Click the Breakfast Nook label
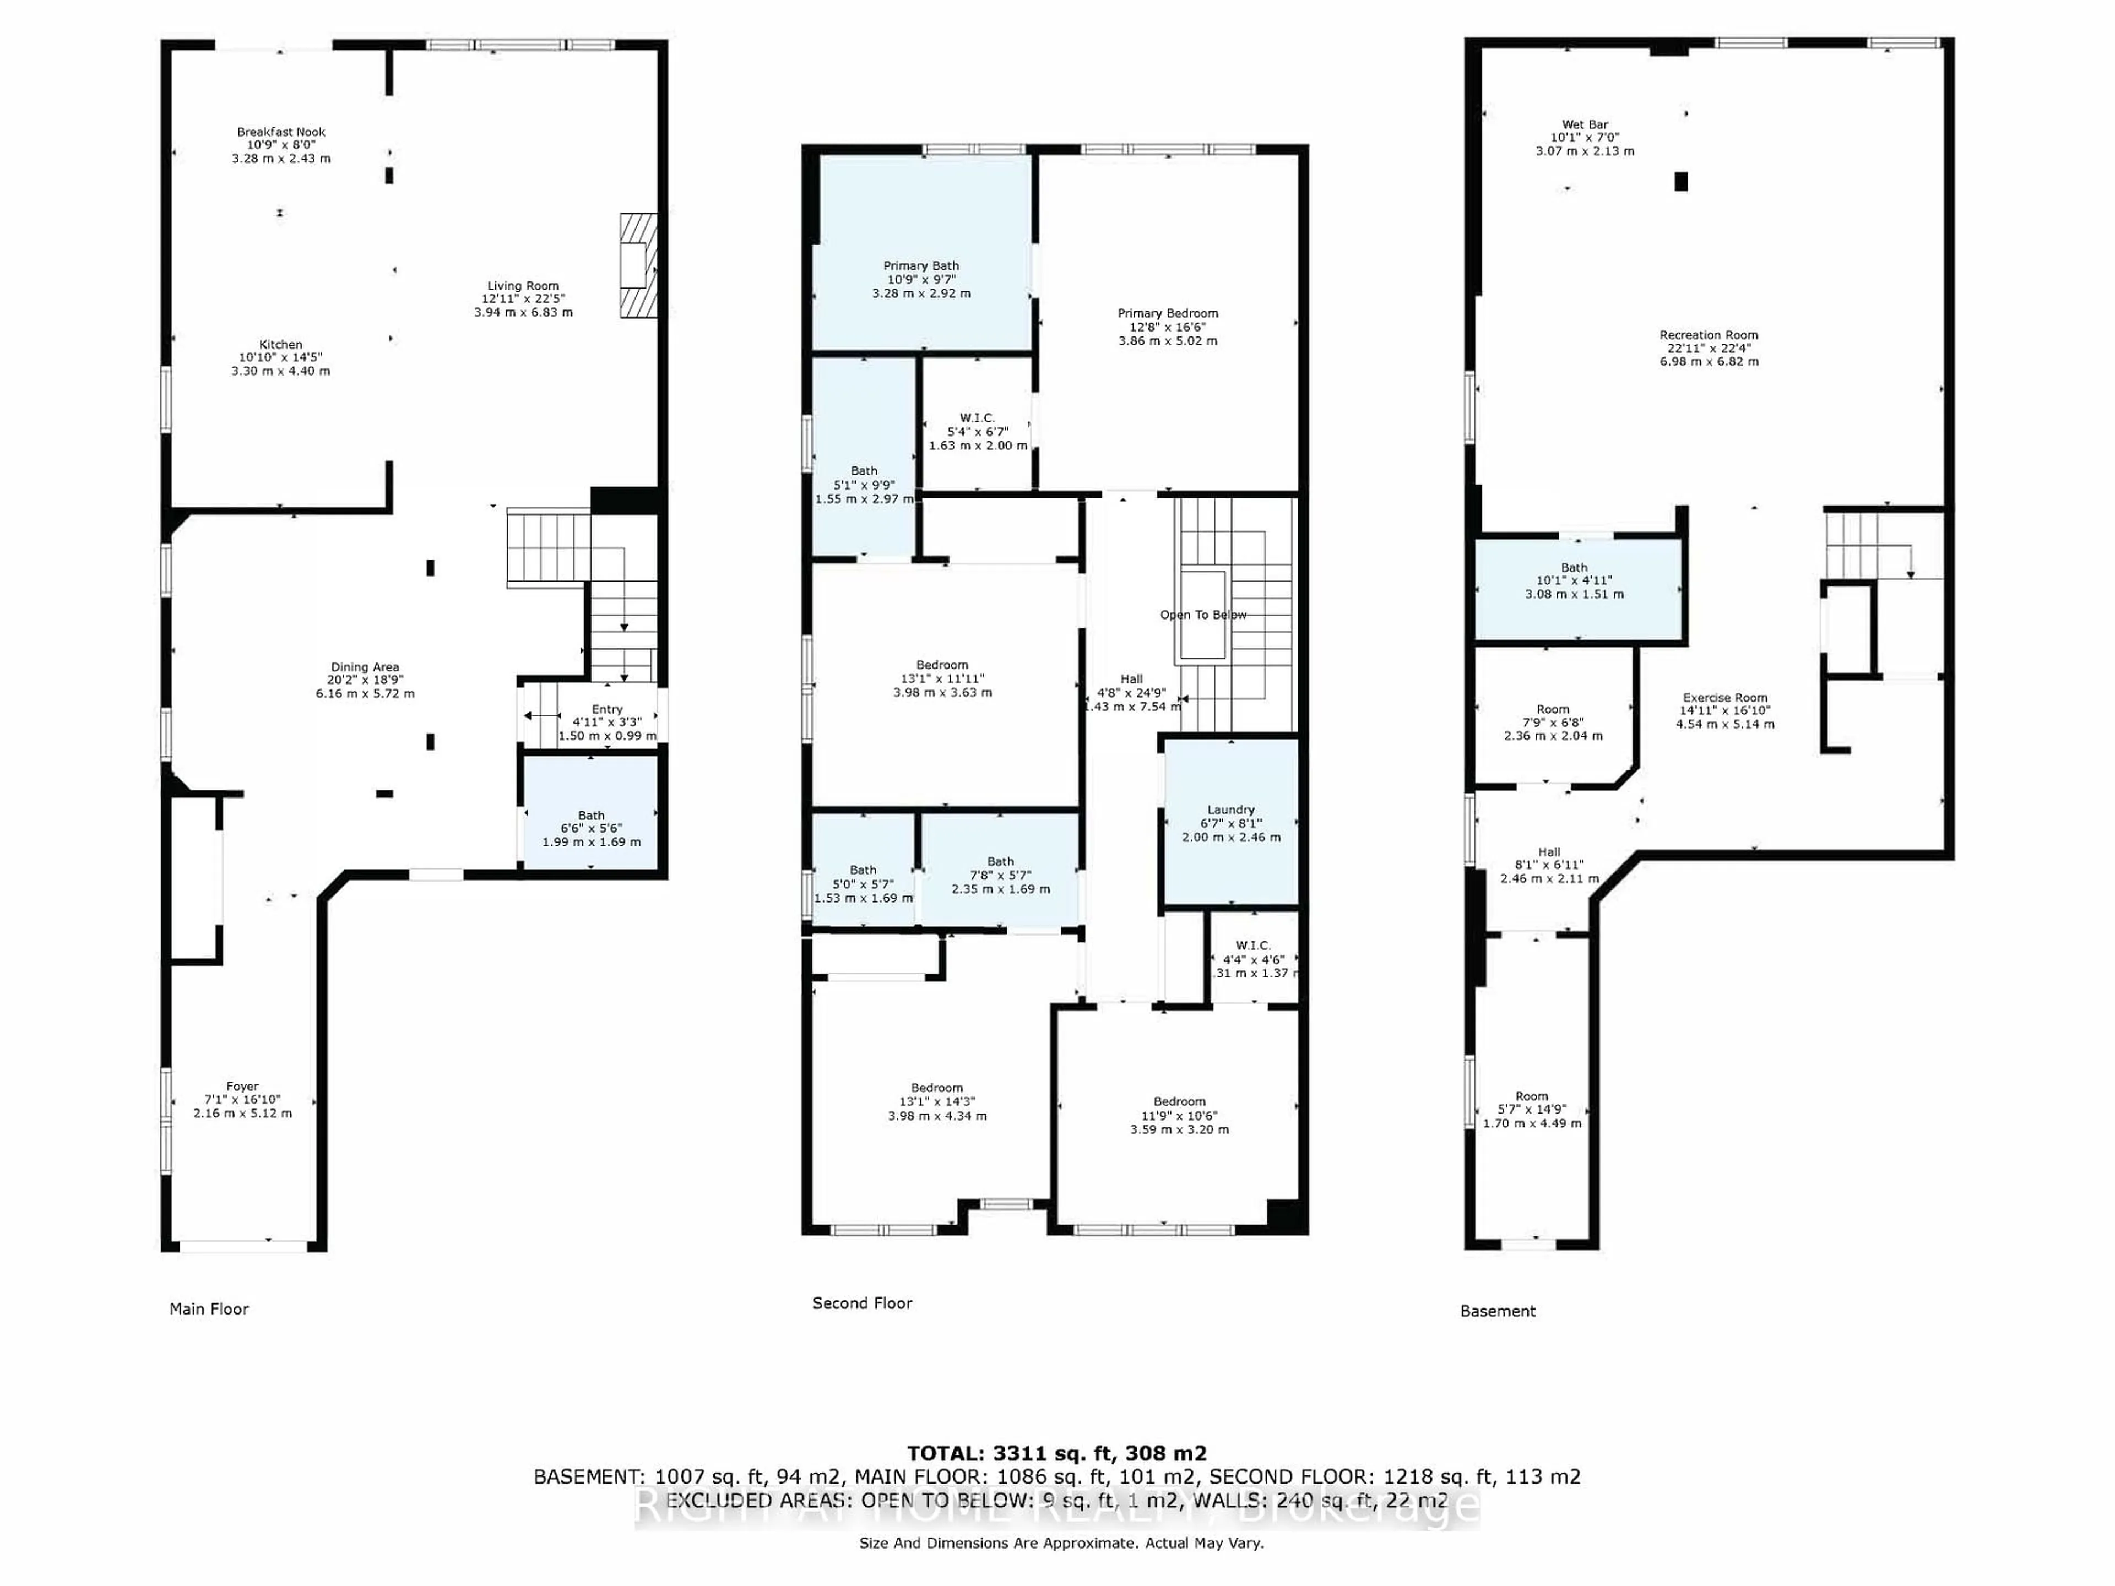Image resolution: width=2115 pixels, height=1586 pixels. (x=281, y=133)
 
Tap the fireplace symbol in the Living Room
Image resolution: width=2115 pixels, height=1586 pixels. (x=638, y=265)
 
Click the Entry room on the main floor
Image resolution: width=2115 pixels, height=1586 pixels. (x=606, y=723)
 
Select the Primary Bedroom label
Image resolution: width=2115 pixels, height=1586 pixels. (x=1168, y=313)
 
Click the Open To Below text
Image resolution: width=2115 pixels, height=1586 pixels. (x=1203, y=615)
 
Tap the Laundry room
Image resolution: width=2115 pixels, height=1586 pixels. (x=1230, y=822)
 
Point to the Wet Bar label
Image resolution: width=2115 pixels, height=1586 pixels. (x=1585, y=125)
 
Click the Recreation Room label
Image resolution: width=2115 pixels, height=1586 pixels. (x=1709, y=335)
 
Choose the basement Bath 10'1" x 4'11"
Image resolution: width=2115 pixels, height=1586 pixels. (x=1574, y=580)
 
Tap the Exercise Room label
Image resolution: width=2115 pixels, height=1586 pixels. (x=1725, y=698)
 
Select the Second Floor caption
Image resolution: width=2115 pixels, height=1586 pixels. (x=861, y=1303)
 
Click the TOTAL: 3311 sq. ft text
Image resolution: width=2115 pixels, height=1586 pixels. (x=1056, y=1454)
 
